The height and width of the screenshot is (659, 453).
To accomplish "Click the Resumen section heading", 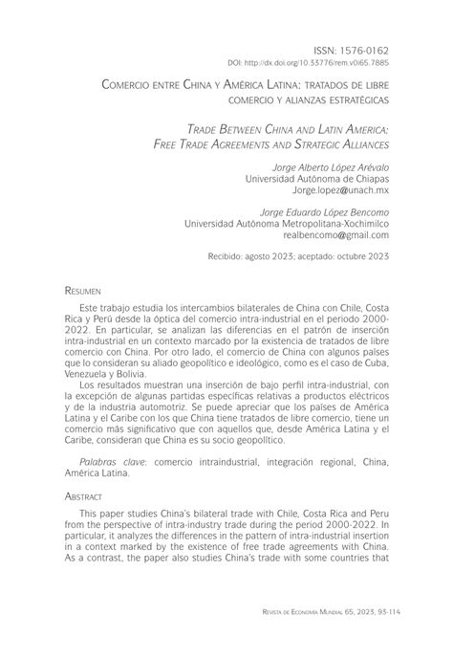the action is point(83,286).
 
